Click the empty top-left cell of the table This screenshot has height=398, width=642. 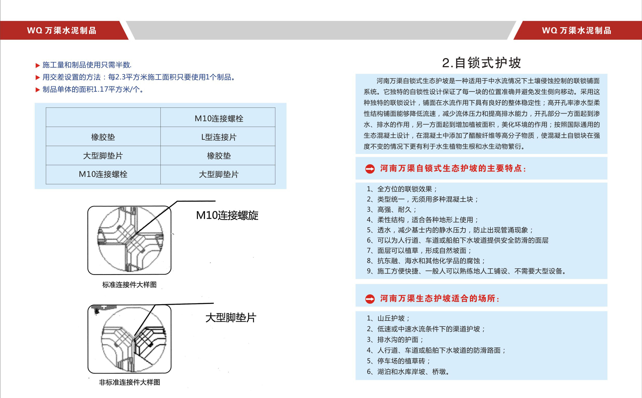[x=103, y=117]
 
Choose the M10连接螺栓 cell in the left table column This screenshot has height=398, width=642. [x=103, y=174]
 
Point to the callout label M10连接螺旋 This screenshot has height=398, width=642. [x=227, y=215]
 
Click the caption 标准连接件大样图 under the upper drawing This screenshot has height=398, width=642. [x=129, y=285]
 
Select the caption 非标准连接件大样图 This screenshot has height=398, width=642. [x=129, y=382]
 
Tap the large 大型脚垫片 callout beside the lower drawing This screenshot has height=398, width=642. [x=231, y=318]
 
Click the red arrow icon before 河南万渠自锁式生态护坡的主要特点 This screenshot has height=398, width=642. [x=370, y=169]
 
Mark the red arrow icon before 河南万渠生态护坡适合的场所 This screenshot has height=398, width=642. [x=370, y=299]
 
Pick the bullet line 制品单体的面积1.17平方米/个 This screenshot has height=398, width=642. [x=93, y=90]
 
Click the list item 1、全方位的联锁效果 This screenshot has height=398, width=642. [x=402, y=189]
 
